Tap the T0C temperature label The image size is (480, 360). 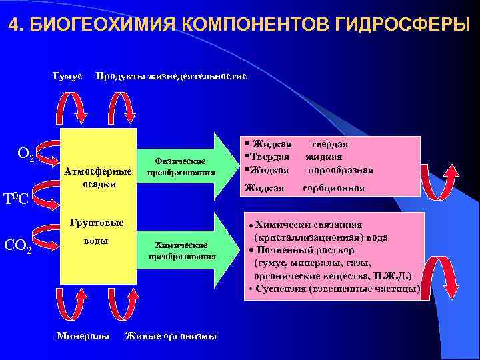click(x=15, y=198)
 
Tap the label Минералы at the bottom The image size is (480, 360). click(x=83, y=336)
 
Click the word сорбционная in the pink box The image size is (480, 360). click(x=333, y=188)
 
